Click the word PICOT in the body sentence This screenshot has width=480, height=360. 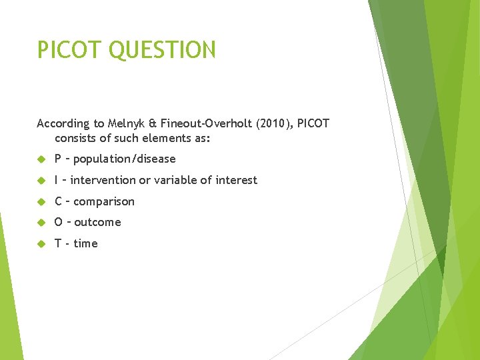click(x=313, y=123)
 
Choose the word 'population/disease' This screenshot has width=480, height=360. click(x=125, y=159)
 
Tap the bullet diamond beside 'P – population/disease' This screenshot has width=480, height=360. click(x=41, y=159)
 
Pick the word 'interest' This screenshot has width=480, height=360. click(x=235, y=180)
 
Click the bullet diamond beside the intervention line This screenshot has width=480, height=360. click(x=41, y=180)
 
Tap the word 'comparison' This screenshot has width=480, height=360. click(x=104, y=201)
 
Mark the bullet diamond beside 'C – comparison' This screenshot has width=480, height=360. click(x=41, y=201)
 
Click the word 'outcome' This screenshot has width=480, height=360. click(x=97, y=222)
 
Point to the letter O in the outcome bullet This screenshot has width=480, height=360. click(x=59, y=222)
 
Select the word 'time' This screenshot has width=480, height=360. click(x=85, y=243)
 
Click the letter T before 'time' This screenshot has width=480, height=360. click(x=58, y=243)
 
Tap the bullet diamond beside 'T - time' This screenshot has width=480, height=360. click(x=41, y=243)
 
